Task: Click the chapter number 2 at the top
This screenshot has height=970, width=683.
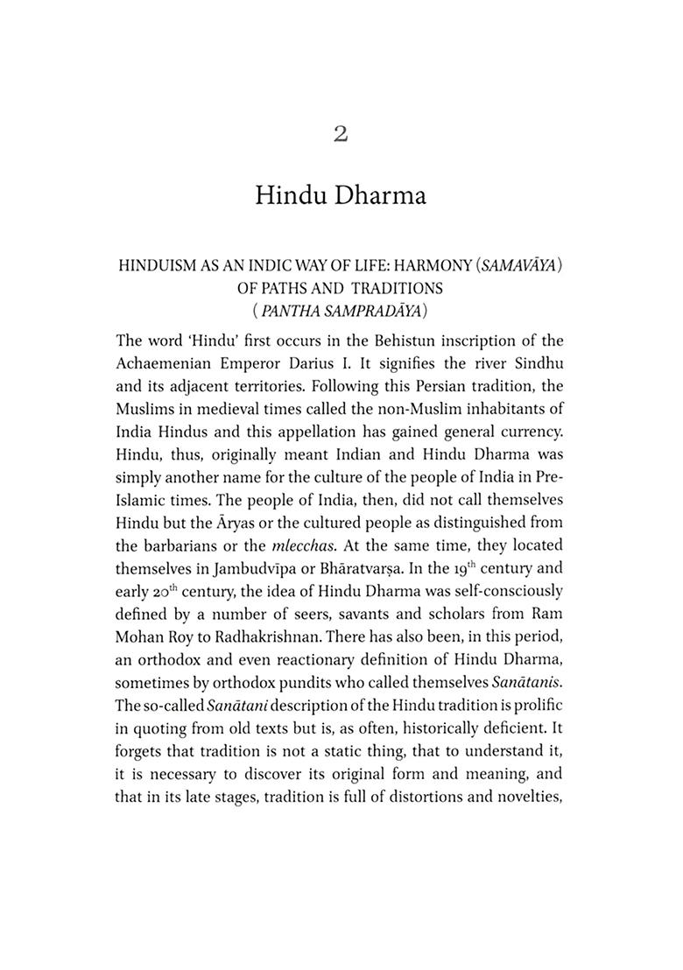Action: tap(341, 133)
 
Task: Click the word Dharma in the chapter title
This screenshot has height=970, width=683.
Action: tap(381, 195)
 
